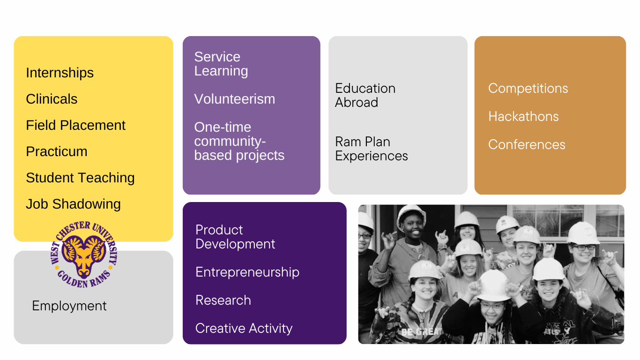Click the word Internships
[x=60, y=73]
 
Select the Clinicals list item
[x=52, y=99]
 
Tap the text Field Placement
[x=76, y=125]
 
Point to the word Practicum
[x=57, y=151]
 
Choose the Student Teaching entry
[x=80, y=178]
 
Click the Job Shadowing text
[x=74, y=204]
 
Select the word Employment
[x=69, y=306]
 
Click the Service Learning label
[x=221, y=64]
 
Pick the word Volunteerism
[x=235, y=99]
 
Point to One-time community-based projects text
[x=239, y=141]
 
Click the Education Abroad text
[x=365, y=95]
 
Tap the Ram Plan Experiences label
[x=372, y=149]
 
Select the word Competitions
[x=528, y=88]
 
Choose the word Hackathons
[x=523, y=116]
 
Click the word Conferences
[x=527, y=144]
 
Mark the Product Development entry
[x=235, y=237]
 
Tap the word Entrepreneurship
[x=247, y=272]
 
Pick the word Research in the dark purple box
[x=223, y=300]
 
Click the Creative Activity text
[x=244, y=328]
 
